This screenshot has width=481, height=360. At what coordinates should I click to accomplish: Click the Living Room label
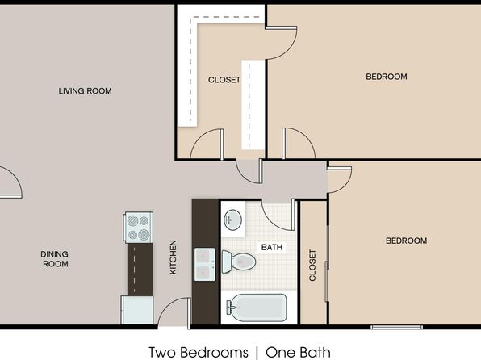(85, 91)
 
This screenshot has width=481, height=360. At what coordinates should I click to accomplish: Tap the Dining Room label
(55, 259)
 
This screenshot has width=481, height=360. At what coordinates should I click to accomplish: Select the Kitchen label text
(173, 257)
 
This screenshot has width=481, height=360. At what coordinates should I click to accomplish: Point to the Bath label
(272, 247)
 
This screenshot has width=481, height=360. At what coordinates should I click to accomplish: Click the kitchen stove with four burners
(139, 228)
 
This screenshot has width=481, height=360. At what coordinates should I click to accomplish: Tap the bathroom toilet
(239, 262)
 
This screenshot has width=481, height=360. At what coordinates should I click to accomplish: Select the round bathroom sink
(233, 220)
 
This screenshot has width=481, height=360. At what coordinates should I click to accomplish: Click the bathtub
(257, 308)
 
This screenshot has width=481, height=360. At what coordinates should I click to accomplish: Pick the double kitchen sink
(205, 264)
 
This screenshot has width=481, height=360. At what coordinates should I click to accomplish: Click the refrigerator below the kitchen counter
(137, 310)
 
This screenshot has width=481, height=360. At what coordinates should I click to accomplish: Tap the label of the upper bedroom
(387, 77)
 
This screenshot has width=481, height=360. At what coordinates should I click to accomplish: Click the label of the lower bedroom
(407, 241)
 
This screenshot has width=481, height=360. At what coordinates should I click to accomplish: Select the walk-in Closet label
(224, 80)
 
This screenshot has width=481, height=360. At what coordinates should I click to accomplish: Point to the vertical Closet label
(312, 266)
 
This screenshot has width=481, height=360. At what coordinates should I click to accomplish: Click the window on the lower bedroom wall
(396, 327)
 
